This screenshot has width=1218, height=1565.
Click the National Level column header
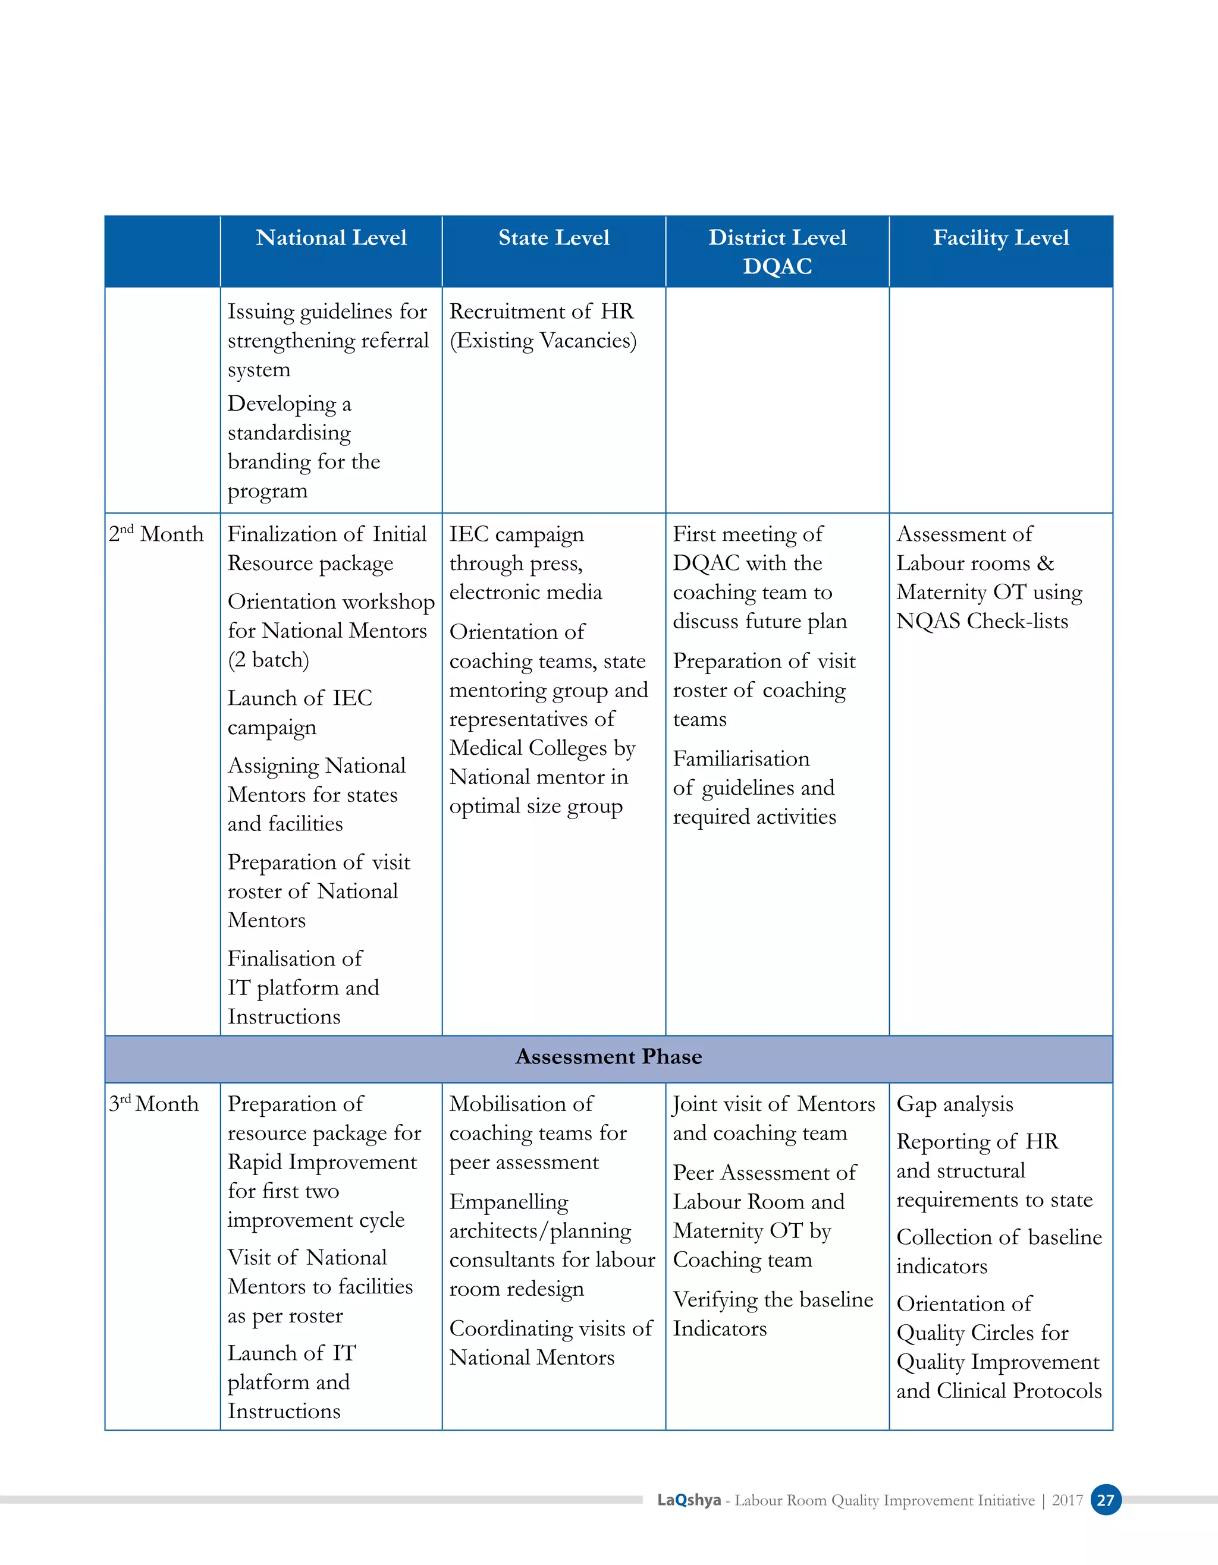pyautogui.click(x=331, y=238)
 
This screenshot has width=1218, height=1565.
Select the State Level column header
pyautogui.click(x=554, y=238)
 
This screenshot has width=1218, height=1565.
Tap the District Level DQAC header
pyautogui.click(x=777, y=251)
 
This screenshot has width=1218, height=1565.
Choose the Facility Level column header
pyautogui.click(x=1000, y=238)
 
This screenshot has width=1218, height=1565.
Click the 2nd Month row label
pyautogui.click(x=156, y=534)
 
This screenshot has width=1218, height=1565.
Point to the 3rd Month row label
pyautogui.click(x=153, y=1104)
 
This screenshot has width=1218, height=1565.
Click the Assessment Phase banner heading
pyautogui.click(x=608, y=1057)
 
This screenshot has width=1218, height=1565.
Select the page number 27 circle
pyautogui.click(x=1106, y=1500)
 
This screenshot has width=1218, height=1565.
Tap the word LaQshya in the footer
pyautogui.click(x=689, y=1500)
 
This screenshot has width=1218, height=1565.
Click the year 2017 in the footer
pyautogui.click(x=1067, y=1500)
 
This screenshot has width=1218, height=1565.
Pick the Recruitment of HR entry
pyautogui.click(x=541, y=311)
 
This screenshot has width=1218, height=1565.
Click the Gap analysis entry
pyautogui.click(x=954, y=1104)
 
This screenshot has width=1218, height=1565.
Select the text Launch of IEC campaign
pyautogui.click(x=300, y=712)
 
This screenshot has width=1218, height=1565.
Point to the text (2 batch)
pyautogui.click(x=268, y=659)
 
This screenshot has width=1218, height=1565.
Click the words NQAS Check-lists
pyautogui.click(x=981, y=621)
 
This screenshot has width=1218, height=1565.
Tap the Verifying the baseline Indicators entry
pyautogui.click(x=772, y=1314)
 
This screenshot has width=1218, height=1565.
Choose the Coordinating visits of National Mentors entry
pyautogui.click(x=550, y=1342)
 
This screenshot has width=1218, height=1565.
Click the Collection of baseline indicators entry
pyautogui.click(x=999, y=1251)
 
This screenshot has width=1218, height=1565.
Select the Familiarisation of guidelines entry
pyautogui.click(x=753, y=788)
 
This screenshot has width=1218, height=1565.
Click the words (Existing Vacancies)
pyautogui.click(x=542, y=341)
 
